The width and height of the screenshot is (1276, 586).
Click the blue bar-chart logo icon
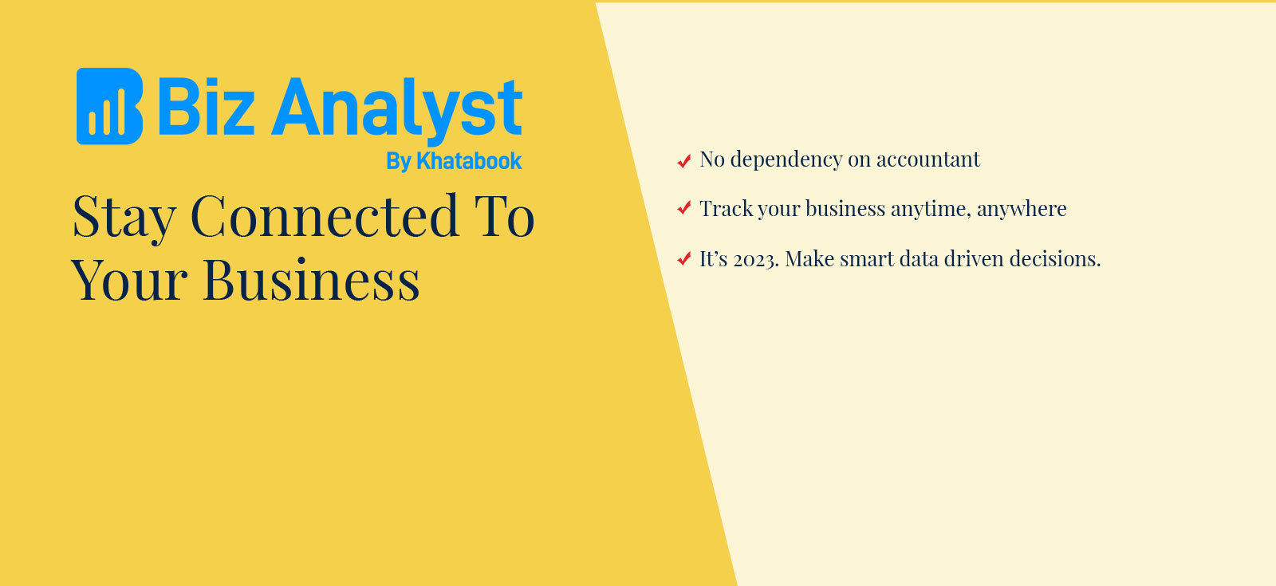coord(109,106)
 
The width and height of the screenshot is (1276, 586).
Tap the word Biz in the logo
coord(206,106)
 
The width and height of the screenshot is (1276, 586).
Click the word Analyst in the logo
coord(397,112)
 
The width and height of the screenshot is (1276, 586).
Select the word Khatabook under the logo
coord(469,161)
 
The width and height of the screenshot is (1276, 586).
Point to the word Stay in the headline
coord(124,218)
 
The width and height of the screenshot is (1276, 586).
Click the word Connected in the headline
coord(325,215)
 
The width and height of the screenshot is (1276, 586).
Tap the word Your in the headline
coord(129,279)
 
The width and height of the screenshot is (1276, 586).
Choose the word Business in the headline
coord(311,279)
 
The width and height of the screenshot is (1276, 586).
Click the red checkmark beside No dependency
coord(683,161)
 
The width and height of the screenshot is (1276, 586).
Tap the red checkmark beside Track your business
coord(683,208)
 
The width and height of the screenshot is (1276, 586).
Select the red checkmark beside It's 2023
coord(683,258)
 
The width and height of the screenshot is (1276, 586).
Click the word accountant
coord(928,160)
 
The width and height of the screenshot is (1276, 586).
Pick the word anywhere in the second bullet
coord(1022,210)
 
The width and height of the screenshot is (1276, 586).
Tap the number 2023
coord(756,260)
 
